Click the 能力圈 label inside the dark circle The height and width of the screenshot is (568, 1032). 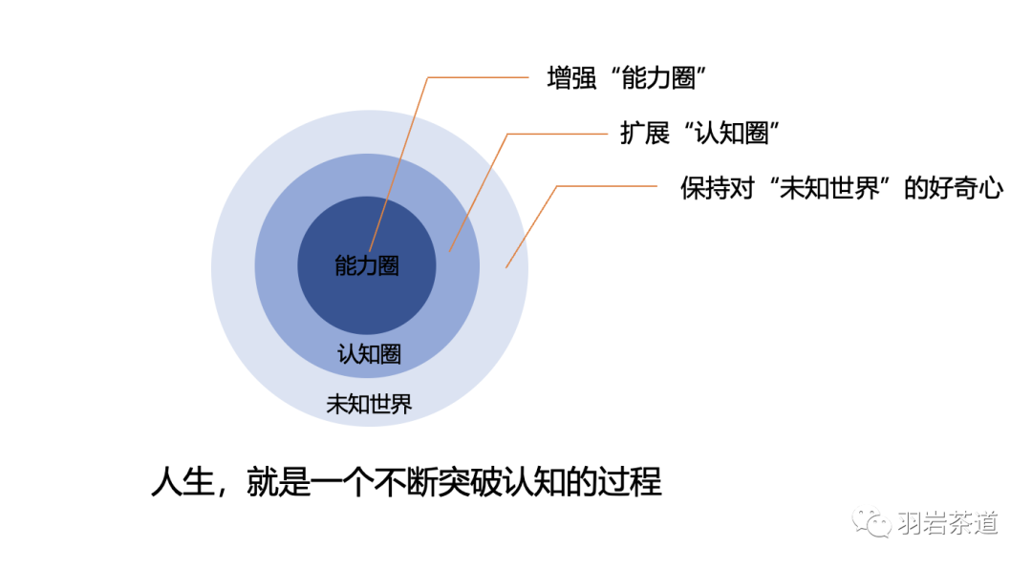point(367,266)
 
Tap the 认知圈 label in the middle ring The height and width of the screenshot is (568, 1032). point(369,355)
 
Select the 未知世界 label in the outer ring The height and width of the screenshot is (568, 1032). point(369,404)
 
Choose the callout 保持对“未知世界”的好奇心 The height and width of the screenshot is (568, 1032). point(841,188)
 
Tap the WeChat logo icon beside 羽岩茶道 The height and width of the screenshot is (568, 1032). point(874,522)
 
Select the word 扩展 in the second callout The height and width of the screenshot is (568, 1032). point(644,134)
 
